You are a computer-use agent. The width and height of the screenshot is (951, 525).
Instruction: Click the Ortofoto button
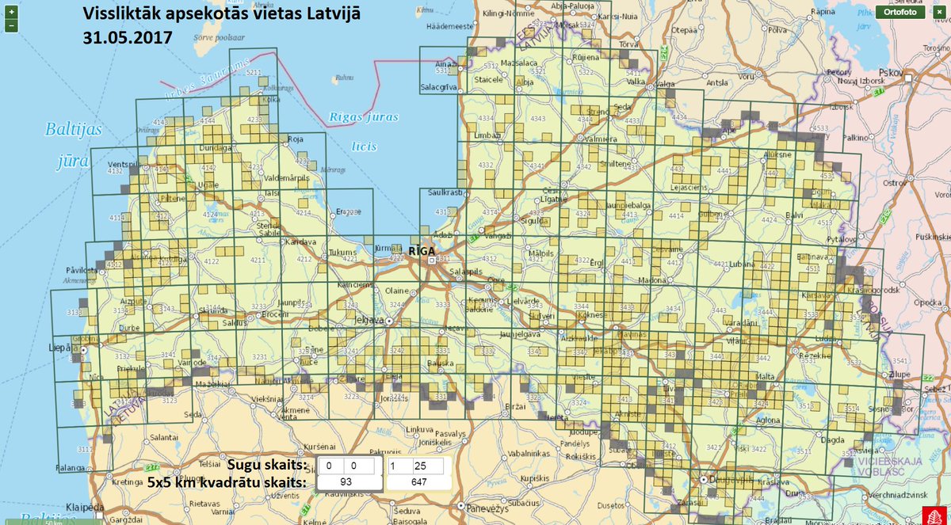[x=899, y=12]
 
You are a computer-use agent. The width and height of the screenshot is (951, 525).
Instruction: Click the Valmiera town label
[x=601, y=139]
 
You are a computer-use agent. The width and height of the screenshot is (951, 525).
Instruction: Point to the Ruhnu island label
[x=344, y=78]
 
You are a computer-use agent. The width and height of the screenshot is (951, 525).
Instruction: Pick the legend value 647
[x=418, y=481]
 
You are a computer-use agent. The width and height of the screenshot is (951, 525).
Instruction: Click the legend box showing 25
[x=421, y=466]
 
